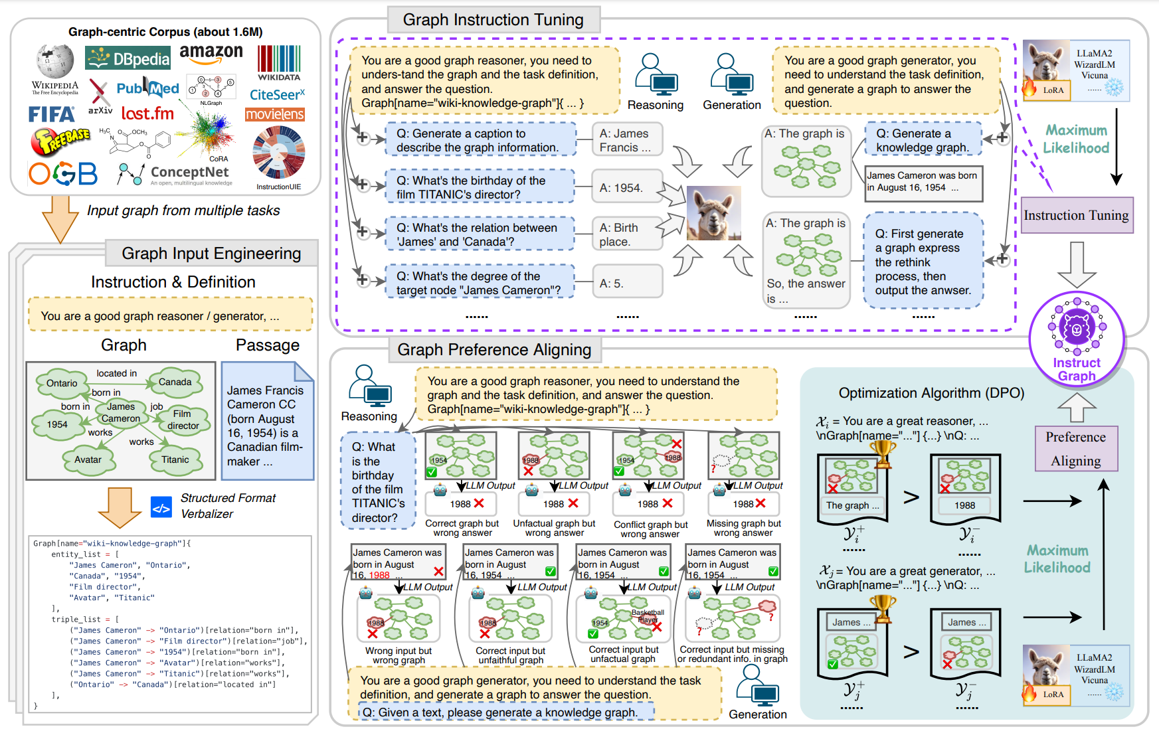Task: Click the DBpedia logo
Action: pos(128,58)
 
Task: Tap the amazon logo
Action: pos(211,53)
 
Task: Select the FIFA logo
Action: pos(51,115)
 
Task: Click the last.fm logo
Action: pos(147,114)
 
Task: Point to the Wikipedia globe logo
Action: pos(54,63)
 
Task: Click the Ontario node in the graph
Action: pos(62,383)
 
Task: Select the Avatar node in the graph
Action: pos(88,459)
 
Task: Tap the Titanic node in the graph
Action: pos(175,459)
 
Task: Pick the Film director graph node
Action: pos(183,420)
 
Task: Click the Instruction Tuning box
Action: pos(1076,215)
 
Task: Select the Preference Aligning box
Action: pos(1076,449)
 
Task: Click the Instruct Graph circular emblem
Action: pos(1076,339)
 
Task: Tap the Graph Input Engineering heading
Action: pos(211,254)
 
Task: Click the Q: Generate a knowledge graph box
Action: pos(923,140)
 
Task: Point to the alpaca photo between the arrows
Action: pos(713,212)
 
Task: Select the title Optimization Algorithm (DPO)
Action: pos(931,393)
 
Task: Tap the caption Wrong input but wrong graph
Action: pos(399,655)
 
